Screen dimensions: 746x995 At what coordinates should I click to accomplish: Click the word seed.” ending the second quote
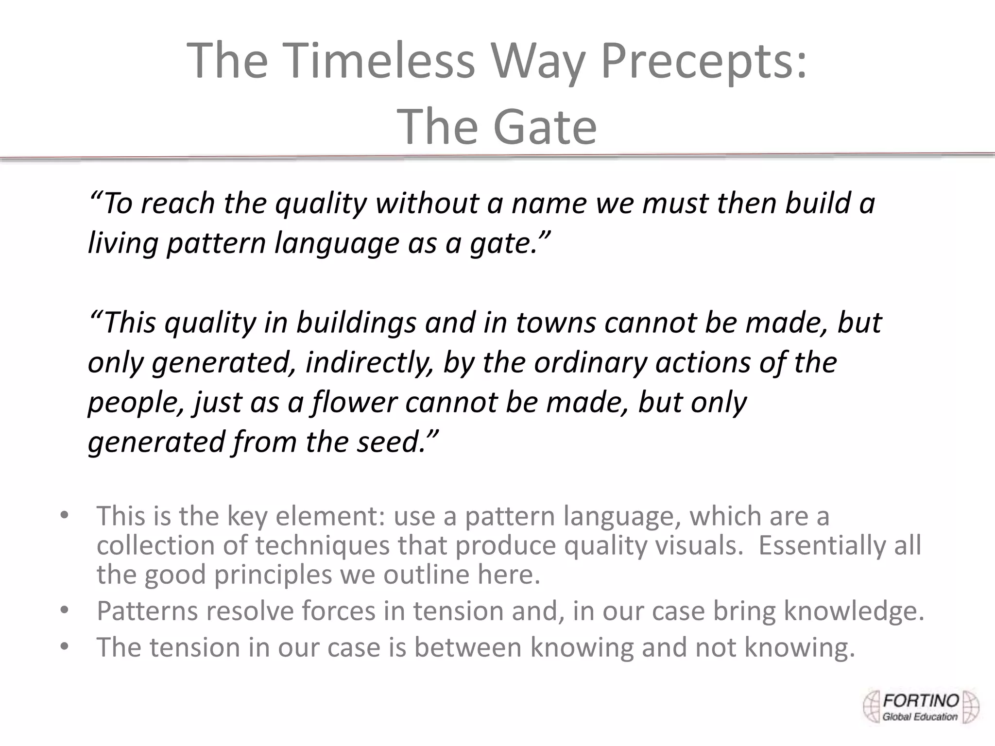pos(398,442)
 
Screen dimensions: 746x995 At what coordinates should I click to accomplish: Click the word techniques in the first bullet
pos(323,545)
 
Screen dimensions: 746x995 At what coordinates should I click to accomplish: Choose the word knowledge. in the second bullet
pos(854,611)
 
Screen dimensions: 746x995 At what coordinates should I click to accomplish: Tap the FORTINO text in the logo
pos(921,701)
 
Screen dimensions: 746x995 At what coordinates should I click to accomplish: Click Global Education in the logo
pos(920,717)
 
